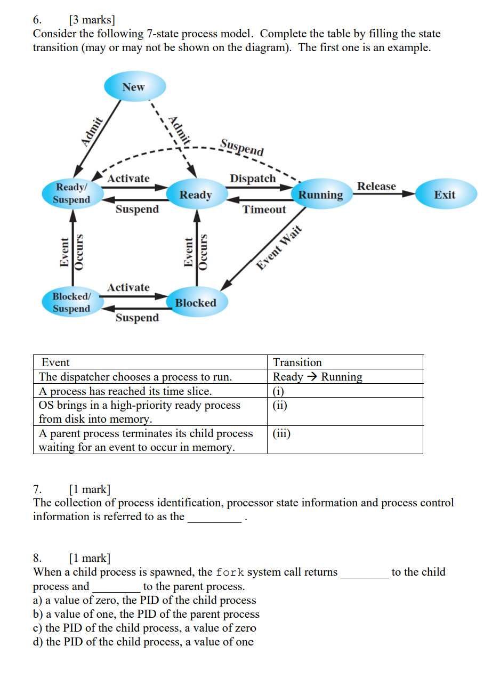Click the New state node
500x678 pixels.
pos(133,87)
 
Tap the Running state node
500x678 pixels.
pos(320,195)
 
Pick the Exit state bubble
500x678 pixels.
pos(445,195)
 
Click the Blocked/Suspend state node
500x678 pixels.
pos(71,302)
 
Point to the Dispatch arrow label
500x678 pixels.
pos(253,179)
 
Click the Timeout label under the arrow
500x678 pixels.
pos(264,209)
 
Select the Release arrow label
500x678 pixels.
pos(376,186)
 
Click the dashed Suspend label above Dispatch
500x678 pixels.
pos(242,147)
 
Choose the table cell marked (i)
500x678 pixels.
pos(344,391)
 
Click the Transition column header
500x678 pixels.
pos(297,362)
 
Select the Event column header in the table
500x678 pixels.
pos(55,362)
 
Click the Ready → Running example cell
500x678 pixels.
pos(318,377)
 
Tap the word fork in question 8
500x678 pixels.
pos(230,572)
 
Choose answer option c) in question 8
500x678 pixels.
pos(144,628)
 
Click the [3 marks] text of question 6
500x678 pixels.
pos(92,20)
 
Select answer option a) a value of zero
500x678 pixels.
pos(144,600)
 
